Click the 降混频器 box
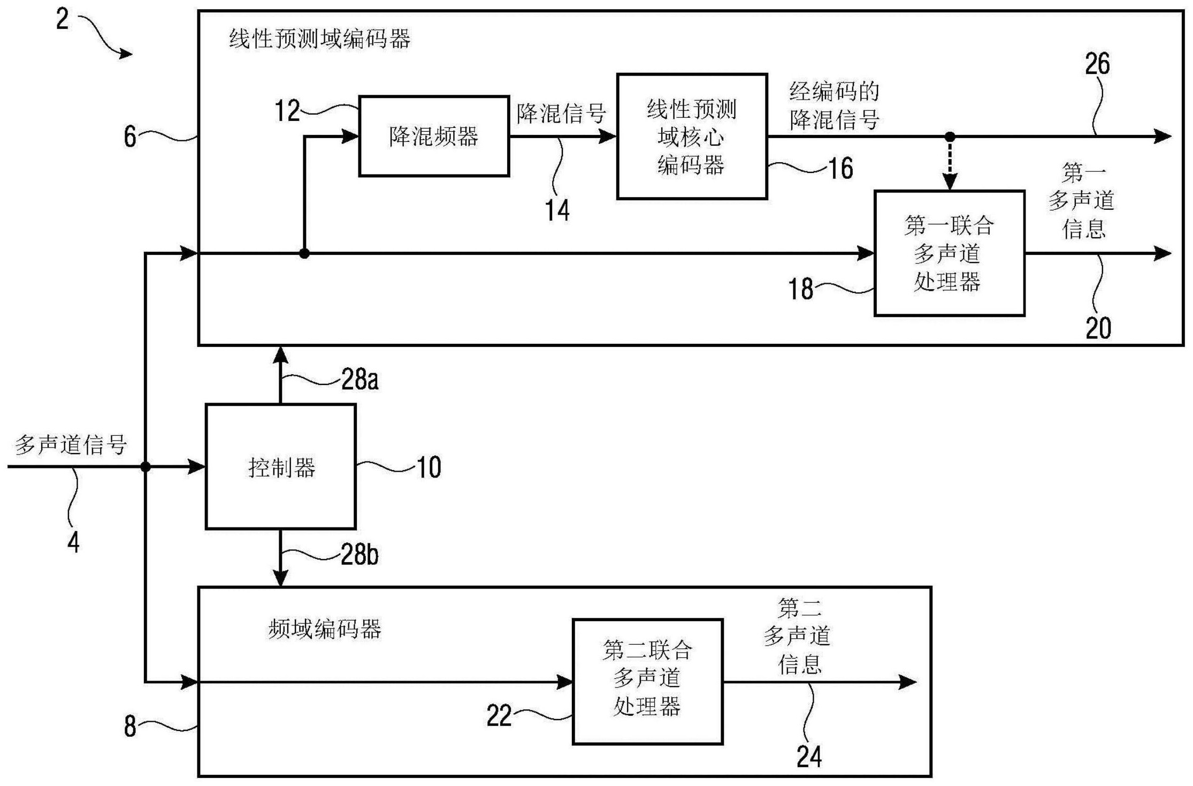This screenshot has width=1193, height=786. pyautogui.click(x=433, y=136)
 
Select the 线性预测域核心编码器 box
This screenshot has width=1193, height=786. pyautogui.click(x=692, y=137)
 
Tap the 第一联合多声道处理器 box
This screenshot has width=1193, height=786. pyautogui.click(x=949, y=253)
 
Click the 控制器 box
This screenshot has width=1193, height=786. pyautogui.click(x=281, y=467)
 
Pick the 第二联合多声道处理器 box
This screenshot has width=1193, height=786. pyautogui.click(x=647, y=681)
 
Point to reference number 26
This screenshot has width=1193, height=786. pyautogui.click(x=1097, y=64)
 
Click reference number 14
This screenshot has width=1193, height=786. pyautogui.click(x=557, y=210)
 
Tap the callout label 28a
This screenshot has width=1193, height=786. pyautogui.click(x=360, y=380)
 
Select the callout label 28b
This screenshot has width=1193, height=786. pyautogui.click(x=360, y=554)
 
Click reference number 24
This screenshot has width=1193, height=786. pyautogui.click(x=808, y=757)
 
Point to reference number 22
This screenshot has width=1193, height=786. pyautogui.click(x=499, y=716)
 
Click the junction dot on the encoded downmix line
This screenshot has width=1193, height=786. pyautogui.click(x=950, y=137)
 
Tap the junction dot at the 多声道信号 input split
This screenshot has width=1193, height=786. pyautogui.click(x=145, y=467)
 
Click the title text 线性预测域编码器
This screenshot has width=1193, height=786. pyautogui.click(x=319, y=39)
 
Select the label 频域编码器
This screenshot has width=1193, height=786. pyautogui.click(x=324, y=629)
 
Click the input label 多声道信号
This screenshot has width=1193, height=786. pyautogui.click(x=71, y=444)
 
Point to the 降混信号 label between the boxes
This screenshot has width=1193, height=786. pyautogui.click(x=561, y=114)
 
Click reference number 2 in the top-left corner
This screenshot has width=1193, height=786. pyautogui.click(x=63, y=20)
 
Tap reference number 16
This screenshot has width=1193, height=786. pyautogui.click(x=840, y=169)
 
